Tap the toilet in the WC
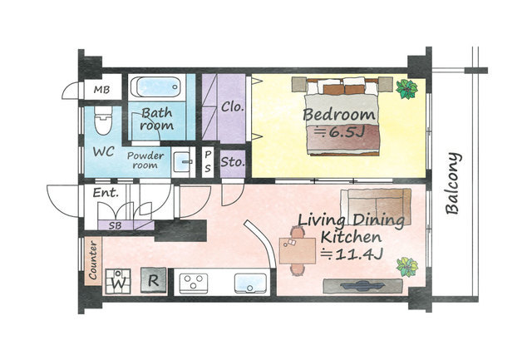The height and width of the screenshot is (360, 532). pos(102,120)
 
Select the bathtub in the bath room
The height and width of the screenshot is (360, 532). pos(156,87)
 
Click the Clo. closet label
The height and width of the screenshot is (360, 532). pos(233,107)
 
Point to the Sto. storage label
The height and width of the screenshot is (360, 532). pos(233,162)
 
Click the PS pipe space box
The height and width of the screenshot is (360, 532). pos(208,162)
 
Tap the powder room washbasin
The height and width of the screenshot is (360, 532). pos(183,162)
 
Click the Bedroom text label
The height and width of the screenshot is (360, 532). pos(339,115)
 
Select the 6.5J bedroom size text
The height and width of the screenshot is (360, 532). pos(339,131)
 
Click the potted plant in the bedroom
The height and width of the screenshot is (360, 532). pos(406,89)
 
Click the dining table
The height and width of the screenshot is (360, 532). pos(298,251)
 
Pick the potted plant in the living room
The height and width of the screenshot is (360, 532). pos(407,267)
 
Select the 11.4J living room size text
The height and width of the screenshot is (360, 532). pos(352,254)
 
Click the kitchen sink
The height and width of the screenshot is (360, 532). pos(250,284)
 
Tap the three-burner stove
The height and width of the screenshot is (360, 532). pos(194,283)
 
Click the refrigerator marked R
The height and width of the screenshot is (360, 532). pos(154,280)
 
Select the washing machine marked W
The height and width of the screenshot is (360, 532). pos(118,281)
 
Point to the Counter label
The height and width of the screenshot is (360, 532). pos(92,260)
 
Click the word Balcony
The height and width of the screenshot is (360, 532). pos(453,184)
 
